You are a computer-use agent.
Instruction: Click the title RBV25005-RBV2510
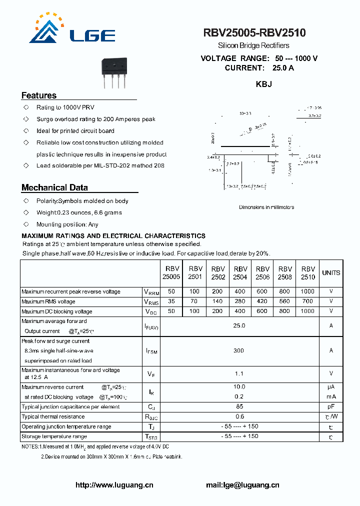coord(254,33)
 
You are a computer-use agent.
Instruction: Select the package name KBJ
coord(264,84)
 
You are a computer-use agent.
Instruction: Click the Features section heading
coord(39,95)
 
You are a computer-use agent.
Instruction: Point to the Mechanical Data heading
coord(54,187)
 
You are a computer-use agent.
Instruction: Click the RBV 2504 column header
coord(240,272)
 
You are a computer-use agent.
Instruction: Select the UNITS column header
coord(331,273)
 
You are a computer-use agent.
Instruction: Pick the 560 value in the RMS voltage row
coord(284,301)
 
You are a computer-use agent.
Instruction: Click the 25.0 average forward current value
coord(239,325)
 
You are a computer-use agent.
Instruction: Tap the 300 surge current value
coord(239,350)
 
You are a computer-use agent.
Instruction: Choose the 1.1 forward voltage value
coord(239,373)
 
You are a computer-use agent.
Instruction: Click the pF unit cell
coord(331,406)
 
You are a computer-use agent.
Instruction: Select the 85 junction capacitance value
coord(239,406)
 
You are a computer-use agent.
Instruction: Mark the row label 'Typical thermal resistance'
coord(53,416)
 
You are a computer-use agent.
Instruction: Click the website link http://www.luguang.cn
coord(114,484)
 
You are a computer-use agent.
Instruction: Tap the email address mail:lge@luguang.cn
coord(242,484)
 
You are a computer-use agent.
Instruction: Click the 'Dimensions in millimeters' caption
coord(266,207)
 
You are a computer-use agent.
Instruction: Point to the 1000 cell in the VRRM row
coord(307,291)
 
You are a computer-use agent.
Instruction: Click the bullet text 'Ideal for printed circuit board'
coord(75,131)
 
